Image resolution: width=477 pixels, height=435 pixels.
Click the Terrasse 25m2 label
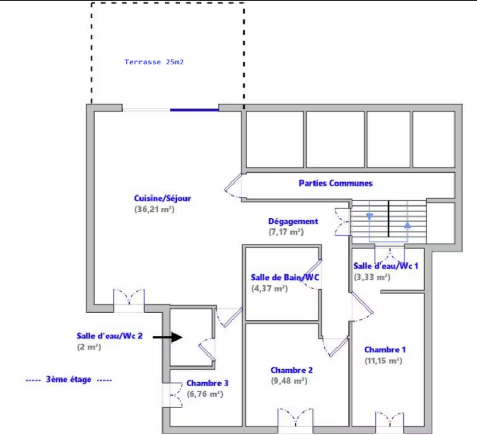point(154,62)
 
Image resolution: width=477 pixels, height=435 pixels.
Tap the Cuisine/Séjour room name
point(162,199)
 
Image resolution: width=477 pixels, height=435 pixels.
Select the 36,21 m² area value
point(155,210)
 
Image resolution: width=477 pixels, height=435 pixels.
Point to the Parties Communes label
point(335,183)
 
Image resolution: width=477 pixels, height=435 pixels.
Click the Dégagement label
point(293,221)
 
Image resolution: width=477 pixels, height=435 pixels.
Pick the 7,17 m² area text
point(286,232)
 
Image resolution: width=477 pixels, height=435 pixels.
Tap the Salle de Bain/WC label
point(285,277)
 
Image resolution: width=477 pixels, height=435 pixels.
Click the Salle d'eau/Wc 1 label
point(386,266)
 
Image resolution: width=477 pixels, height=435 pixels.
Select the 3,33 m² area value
point(372,277)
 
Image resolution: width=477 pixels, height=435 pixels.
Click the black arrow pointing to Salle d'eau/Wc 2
point(167,337)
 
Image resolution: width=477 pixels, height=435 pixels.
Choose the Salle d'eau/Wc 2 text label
point(110,336)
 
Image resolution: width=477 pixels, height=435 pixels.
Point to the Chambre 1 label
point(385,350)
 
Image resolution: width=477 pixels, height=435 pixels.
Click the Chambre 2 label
point(292,370)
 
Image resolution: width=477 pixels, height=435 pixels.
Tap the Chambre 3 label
point(207,383)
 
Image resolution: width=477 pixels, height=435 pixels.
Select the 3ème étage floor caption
point(69,380)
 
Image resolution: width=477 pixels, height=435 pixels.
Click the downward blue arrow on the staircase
point(369,216)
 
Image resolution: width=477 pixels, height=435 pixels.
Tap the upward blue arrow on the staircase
point(408,225)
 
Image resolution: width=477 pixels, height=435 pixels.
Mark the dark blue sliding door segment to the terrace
point(194,110)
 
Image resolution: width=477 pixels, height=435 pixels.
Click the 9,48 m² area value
point(289,381)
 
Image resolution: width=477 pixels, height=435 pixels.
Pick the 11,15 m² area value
point(383,361)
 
